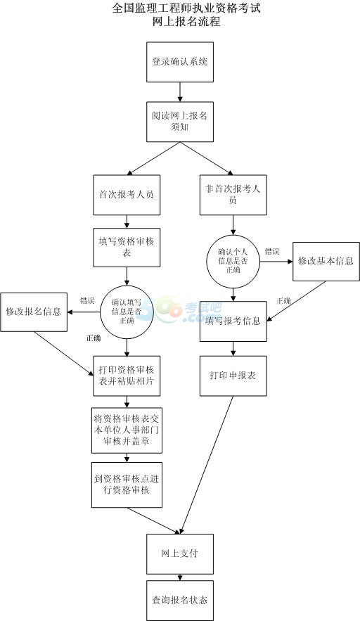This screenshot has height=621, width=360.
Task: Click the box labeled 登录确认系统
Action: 180,62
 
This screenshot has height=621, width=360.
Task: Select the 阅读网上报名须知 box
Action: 180,122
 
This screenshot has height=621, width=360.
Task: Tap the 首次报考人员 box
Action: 127,195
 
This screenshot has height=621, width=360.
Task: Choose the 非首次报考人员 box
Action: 233,195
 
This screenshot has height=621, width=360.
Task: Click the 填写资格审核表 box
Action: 127,247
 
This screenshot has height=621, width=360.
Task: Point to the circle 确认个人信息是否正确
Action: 233,262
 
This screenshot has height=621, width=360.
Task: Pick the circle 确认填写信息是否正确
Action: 127,312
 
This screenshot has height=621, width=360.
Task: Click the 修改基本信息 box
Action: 326,262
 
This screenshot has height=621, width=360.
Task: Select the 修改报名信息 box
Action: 34,312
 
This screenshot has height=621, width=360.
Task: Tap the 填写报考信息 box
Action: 233,321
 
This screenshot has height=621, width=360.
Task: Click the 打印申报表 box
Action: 233,376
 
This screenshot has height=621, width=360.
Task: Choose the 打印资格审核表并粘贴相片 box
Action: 127,376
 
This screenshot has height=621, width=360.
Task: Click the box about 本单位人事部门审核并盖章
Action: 127,430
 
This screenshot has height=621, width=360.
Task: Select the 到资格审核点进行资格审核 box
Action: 127,485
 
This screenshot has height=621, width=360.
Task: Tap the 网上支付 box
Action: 180,553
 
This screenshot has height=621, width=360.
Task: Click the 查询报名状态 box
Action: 180,601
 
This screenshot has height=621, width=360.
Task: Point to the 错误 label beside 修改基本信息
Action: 272,252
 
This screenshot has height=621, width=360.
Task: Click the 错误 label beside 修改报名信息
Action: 87,300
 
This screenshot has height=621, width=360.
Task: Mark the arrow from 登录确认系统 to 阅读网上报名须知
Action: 180,92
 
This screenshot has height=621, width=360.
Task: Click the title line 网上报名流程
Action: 186,21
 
